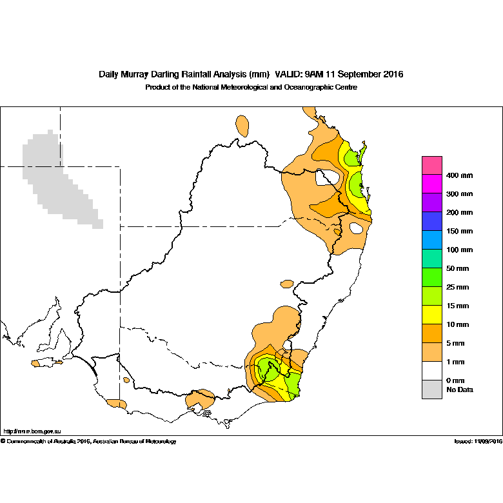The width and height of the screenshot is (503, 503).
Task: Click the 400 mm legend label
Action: click(x=459, y=175)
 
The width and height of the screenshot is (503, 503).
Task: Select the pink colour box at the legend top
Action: click(x=432, y=166)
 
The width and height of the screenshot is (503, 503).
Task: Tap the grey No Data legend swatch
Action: click(x=432, y=390)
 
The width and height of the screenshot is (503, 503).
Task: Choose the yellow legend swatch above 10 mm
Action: click(x=432, y=315)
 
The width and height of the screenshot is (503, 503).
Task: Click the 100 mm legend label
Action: click(x=459, y=250)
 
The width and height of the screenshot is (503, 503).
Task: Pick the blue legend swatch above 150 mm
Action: click(x=432, y=221)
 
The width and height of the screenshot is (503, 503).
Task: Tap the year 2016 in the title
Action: click(x=393, y=74)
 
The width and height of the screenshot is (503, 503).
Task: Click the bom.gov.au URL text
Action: click(x=32, y=431)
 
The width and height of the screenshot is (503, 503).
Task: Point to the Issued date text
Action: click(x=478, y=441)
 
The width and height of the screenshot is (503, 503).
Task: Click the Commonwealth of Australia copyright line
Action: click(x=88, y=441)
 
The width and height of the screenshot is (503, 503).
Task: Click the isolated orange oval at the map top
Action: click(x=242, y=126)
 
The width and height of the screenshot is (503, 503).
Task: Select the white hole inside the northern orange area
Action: click(x=327, y=177)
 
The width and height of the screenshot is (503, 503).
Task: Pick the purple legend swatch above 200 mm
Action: click(x=432, y=202)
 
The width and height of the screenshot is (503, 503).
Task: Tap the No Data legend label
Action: click(x=460, y=390)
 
